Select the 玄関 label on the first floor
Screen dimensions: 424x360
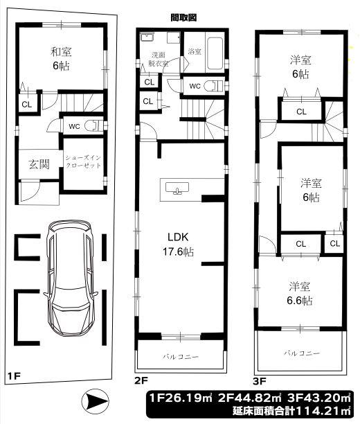click(x=39, y=164)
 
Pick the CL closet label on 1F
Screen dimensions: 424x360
click(x=26, y=105)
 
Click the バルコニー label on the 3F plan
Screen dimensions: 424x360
click(x=302, y=353)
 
